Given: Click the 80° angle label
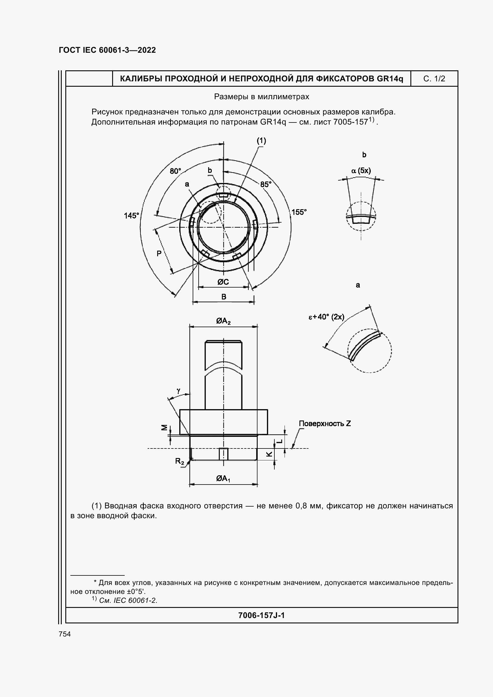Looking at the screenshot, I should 175,171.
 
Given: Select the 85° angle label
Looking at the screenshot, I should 266,184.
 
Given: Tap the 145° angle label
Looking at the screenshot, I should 131,215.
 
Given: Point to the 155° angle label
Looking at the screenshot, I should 299,212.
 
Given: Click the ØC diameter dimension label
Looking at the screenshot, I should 223,282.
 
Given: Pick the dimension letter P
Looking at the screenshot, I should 159,253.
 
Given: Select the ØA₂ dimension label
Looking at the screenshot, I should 223,321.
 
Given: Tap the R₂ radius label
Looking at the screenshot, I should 180,461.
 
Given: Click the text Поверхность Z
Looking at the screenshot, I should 325,423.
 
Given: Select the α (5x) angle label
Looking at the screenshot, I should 361,171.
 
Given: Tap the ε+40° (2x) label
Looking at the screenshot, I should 326,317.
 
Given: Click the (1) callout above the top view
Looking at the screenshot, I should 261,141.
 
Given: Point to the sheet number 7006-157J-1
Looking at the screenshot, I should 261,615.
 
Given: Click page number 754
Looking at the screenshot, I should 65,634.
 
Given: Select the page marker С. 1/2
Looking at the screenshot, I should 434,79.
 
